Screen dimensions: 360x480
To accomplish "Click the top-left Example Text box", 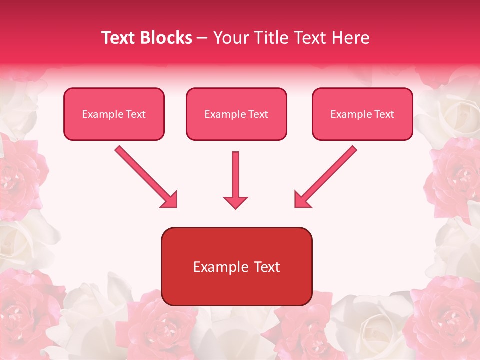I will coord(114,114).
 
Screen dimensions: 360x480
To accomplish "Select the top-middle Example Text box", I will coord(236,114).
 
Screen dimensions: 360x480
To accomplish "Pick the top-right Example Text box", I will coord(362,114).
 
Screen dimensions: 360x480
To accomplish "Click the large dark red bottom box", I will coord(236,266).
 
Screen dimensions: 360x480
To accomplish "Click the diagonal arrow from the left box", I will coord(145,176).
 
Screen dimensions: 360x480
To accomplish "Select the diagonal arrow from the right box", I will coord(327,176).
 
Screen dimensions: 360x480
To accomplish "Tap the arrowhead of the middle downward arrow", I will coord(235,202).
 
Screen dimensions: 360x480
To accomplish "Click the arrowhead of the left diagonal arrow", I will coord(170,200).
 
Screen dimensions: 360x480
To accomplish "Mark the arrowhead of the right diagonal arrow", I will coord(302,200).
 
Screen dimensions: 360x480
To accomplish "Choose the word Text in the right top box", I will coord(384,114).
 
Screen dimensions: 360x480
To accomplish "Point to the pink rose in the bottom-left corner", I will coord(22,310).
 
